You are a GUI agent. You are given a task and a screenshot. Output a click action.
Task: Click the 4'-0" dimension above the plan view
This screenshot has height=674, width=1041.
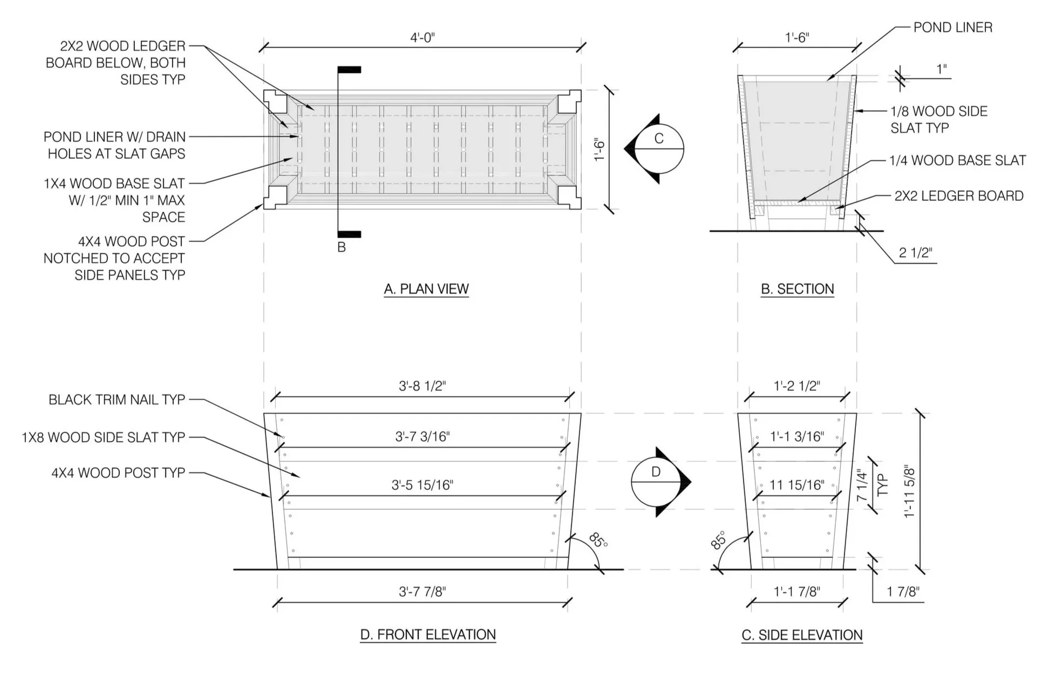[422, 38]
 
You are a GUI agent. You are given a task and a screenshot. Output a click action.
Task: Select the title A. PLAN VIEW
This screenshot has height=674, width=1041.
[426, 289]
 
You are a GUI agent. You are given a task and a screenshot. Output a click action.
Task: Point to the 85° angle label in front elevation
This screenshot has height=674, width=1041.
[597, 540]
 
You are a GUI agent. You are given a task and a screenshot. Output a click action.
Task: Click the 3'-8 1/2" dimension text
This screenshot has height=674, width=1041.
[422, 386]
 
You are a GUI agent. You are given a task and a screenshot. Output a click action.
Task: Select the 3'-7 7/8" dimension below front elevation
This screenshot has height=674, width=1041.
[422, 592]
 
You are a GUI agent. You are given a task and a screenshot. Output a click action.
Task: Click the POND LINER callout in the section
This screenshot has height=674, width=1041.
[952, 28]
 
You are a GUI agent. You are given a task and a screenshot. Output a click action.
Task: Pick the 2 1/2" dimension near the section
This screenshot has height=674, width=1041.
[915, 253]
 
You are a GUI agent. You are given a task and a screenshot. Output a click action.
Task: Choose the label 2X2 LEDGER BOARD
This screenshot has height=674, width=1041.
[958, 196]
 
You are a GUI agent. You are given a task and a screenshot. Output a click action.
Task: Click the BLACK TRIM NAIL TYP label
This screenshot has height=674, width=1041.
[117, 400]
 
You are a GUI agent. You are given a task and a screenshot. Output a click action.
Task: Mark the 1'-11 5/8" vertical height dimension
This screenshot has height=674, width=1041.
[909, 491]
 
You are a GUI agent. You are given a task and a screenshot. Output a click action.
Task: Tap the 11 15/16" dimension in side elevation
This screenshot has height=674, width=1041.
[797, 485]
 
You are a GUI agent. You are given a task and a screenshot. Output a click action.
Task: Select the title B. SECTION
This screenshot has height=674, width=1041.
[797, 289]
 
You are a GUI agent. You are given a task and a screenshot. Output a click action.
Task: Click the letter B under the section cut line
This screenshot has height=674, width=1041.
[341, 247]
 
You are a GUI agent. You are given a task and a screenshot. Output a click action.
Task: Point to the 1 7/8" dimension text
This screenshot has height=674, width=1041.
[903, 592]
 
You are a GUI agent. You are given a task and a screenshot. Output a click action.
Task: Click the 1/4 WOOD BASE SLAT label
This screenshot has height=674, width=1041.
[957, 160]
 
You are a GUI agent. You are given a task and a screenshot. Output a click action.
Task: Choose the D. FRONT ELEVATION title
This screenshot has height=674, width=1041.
[427, 635]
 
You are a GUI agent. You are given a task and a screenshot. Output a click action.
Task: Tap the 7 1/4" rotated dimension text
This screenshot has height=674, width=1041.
[862, 486]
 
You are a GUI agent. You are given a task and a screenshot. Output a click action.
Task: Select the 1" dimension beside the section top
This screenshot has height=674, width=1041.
[941, 69]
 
